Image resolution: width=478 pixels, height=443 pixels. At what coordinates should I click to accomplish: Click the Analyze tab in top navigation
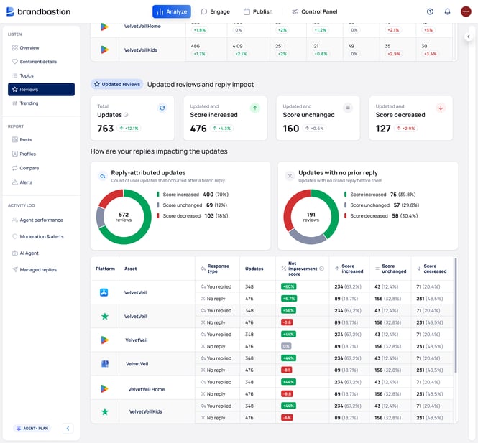[x=171, y=11]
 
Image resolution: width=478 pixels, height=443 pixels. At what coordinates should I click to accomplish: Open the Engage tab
[x=215, y=11]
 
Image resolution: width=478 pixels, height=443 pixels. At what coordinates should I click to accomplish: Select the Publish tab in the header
[x=258, y=11]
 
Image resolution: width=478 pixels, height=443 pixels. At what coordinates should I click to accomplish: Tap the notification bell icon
[x=447, y=11]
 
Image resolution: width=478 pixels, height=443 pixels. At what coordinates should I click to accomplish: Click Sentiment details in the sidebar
[x=38, y=62]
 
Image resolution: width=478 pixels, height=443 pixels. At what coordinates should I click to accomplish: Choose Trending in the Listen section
[x=29, y=103]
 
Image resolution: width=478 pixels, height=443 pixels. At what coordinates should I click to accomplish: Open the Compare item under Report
[x=29, y=168]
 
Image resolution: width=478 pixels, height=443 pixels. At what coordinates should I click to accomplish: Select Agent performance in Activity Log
[x=40, y=220]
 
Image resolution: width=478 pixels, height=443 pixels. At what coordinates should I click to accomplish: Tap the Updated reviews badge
[x=116, y=84]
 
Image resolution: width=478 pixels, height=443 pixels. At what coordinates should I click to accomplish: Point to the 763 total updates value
[x=106, y=129]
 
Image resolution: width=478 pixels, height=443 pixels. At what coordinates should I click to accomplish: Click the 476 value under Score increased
[x=198, y=129]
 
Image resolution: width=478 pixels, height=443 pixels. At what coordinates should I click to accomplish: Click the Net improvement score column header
[x=302, y=269]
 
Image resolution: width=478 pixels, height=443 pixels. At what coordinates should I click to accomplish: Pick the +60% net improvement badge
[x=289, y=286]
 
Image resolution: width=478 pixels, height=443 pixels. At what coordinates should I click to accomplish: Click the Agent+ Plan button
[x=32, y=429]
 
